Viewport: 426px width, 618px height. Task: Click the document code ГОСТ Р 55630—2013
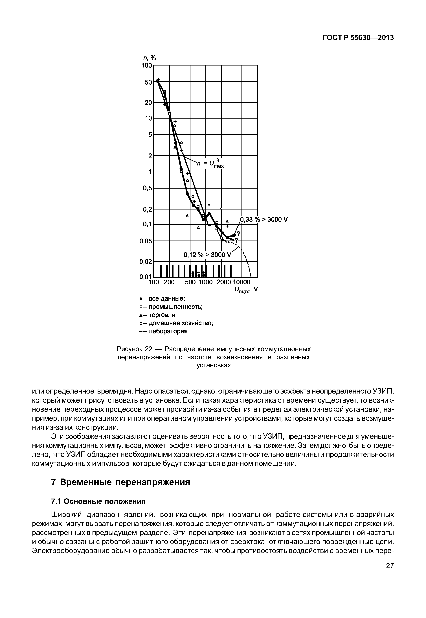(x=358, y=38)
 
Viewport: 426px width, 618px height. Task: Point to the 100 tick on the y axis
(x=146, y=65)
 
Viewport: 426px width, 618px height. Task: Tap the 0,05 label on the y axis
(x=146, y=241)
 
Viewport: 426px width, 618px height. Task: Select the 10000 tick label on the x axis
(x=241, y=282)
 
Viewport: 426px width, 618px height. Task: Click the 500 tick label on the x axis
(x=190, y=282)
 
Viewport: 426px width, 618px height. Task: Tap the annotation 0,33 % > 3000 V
(x=264, y=220)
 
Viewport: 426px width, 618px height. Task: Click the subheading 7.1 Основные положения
(x=98, y=501)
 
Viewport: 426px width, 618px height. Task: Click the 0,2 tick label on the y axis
(x=147, y=210)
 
